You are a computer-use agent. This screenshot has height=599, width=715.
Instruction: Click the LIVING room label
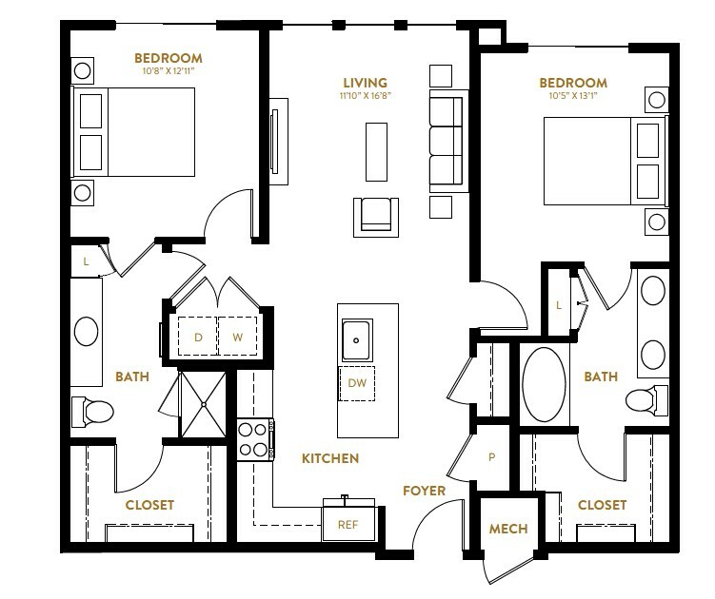(365, 83)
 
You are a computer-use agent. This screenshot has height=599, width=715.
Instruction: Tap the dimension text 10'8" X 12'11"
(169, 71)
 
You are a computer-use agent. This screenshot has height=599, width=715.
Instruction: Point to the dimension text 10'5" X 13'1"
(573, 96)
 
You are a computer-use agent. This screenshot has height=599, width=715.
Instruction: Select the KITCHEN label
(330, 458)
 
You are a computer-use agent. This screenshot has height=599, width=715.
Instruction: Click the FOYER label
(424, 491)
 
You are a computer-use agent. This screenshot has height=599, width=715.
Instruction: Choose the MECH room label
(508, 529)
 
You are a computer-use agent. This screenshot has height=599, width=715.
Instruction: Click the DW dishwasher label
(357, 383)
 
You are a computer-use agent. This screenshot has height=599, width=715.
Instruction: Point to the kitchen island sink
(357, 340)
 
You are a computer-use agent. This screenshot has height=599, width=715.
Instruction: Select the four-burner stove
(254, 439)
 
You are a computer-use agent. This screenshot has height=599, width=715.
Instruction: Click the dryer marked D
(198, 337)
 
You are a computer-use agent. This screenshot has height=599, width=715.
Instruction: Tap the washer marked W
(238, 337)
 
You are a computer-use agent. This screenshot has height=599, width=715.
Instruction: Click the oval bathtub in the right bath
(544, 385)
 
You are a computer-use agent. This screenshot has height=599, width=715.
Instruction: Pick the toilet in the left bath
(92, 412)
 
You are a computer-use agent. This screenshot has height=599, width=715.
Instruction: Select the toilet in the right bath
(646, 400)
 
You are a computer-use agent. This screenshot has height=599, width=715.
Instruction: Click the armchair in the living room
(376, 217)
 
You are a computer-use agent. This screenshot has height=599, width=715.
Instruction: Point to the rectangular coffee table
(376, 152)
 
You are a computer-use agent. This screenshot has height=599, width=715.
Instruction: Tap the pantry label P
(491, 457)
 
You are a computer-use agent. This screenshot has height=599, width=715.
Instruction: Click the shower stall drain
(204, 404)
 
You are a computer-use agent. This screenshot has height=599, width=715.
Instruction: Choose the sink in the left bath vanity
(87, 331)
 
